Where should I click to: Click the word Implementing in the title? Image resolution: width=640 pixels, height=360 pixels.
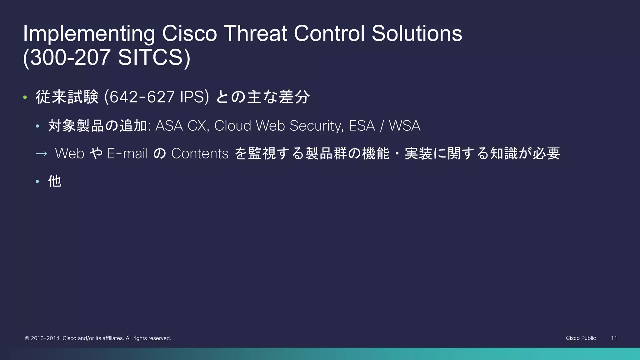pos(89,34)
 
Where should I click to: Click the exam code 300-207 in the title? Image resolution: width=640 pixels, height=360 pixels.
pos(71,57)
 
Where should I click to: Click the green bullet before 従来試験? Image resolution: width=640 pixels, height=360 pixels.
pos(25,97)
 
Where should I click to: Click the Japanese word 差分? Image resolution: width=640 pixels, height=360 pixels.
pos(294,97)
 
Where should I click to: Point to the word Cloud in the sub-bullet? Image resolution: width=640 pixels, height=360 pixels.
pos(233,126)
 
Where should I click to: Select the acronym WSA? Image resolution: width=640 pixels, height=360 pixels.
pos(404,126)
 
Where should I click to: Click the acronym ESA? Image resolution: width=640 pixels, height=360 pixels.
pos(362,126)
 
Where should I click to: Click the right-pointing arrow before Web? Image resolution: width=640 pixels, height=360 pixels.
pos(41,154)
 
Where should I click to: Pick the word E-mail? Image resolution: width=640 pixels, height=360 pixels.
pos(127,154)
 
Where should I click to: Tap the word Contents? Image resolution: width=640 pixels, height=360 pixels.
pos(200,154)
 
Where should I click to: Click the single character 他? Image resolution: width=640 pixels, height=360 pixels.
pos(55,181)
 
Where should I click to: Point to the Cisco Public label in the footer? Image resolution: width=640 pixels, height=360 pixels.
pos(581,338)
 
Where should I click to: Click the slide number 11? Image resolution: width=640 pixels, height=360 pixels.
pos(614,338)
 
